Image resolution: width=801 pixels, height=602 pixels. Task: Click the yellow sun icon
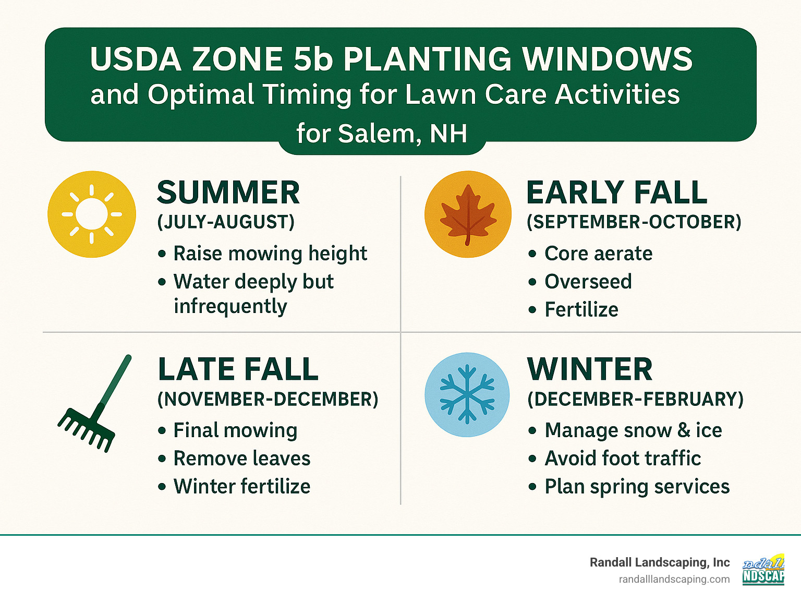pos(92,214)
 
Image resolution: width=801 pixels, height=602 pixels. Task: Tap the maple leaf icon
pos(468,214)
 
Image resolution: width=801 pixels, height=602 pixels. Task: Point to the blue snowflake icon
pos(467,394)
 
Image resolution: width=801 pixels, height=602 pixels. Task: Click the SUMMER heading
pos(228,192)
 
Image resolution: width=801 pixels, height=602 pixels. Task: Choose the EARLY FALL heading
pos(617,192)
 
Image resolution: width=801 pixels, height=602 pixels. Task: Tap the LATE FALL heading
pos(238,369)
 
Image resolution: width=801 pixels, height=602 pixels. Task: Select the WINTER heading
pos(590,369)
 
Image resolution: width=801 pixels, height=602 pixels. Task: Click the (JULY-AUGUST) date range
pos(226,222)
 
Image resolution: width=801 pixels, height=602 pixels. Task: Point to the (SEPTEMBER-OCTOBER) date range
pos(634,222)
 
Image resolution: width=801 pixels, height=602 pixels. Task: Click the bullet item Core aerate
pos(598,254)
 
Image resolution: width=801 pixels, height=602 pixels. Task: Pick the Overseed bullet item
pos(588,282)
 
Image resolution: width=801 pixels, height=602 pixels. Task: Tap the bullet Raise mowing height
pos(270,254)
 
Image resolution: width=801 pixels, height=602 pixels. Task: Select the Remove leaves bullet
pos(241,459)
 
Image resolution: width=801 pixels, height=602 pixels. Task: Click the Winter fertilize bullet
pos(241,487)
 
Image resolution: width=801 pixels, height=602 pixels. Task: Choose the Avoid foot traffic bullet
pos(623,459)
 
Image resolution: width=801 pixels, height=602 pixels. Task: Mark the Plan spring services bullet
pos(637,487)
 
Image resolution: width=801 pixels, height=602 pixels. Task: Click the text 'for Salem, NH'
pos(382,134)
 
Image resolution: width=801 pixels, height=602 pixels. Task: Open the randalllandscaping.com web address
pos(674,580)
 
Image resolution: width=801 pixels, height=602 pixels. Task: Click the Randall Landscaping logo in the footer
pos(763,570)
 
